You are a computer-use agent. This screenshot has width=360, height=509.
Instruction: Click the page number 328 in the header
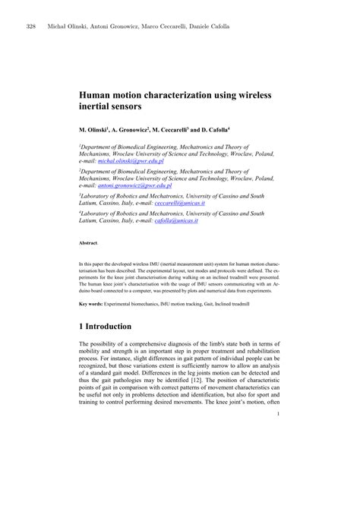pos(31,27)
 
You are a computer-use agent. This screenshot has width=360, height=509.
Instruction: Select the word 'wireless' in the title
pos(250,95)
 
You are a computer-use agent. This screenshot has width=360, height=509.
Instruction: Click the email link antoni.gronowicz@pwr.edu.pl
pos(137,185)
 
